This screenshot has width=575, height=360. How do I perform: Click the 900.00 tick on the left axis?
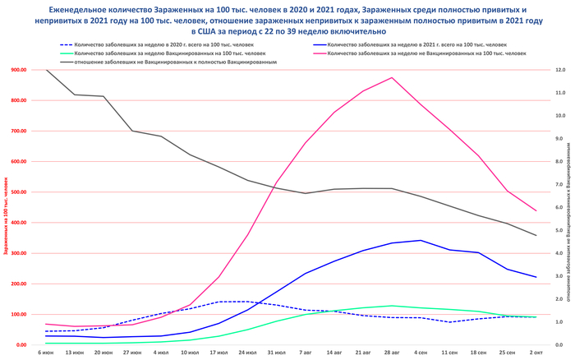click(19, 70)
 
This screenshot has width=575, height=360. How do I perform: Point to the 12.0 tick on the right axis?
click(560, 70)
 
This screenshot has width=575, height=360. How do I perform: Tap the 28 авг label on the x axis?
click(392, 353)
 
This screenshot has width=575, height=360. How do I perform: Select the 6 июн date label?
click(46, 353)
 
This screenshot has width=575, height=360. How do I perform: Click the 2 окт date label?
click(536, 353)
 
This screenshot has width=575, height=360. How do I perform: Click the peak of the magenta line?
click(392, 78)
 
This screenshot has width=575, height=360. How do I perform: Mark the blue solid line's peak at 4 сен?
click(421, 241)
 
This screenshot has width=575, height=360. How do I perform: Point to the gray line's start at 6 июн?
click(46, 70)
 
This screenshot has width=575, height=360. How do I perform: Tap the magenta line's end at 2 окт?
click(536, 211)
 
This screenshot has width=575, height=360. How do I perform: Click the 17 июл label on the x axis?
click(219, 353)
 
